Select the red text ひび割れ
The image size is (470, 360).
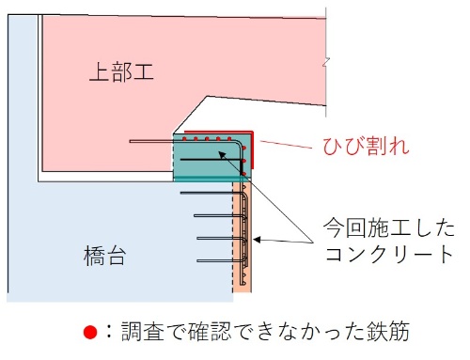[x=361, y=148]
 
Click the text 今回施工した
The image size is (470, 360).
[x=389, y=228]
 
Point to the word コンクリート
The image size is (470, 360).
[x=389, y=254]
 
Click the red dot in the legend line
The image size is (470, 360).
[x=90, y=332]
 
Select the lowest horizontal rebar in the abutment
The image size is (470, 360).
[x=216, y=259]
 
